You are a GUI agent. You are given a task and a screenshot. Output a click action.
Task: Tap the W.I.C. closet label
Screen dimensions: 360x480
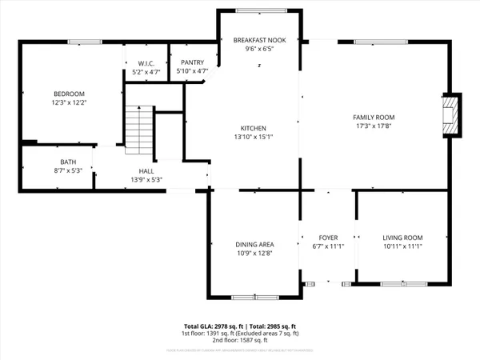(x=146, y=62)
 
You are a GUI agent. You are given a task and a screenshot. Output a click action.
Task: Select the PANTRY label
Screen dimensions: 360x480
(x=192, y=62)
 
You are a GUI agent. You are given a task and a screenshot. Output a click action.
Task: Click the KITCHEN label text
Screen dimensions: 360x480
(x=254, y=128)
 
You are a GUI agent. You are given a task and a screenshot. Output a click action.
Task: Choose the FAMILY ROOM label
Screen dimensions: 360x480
(x=374, y=118)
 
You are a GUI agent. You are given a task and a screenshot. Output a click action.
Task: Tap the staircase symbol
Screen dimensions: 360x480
(x=140, y=129)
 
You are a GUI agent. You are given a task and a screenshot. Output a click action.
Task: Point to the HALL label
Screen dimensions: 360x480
(x=146, y=171)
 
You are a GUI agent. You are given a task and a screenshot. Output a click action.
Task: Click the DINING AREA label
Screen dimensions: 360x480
(x=254, y=245)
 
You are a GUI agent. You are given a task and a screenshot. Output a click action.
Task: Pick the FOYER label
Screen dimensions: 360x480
(x=329, y=238)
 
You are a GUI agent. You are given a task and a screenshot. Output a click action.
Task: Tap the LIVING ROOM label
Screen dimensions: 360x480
(x=402, y=238)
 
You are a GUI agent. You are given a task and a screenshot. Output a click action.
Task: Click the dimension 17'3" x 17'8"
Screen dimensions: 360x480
(x=374, y=126)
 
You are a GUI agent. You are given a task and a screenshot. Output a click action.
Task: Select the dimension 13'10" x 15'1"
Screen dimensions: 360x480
(x=254, y=136)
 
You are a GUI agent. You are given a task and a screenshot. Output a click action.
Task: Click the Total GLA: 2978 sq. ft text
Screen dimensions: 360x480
(x=210, y=326)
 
